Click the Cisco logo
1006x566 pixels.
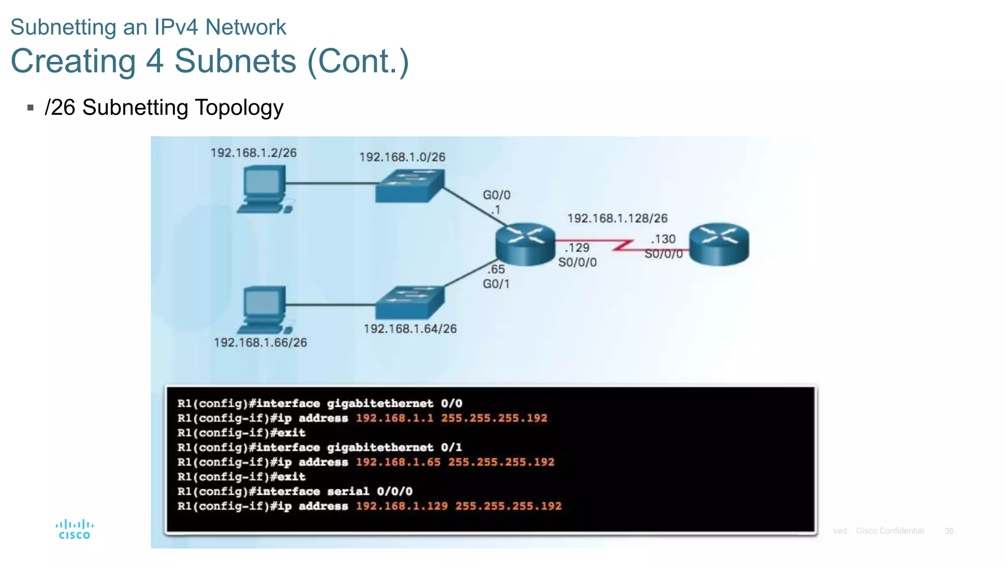(x=74, y=529)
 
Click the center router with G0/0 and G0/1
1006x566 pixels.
(x=525, y=244)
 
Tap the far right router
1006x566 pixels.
(x=719, y=244)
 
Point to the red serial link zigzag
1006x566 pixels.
(x=623, y=245)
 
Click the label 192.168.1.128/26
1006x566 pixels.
(x=617, y=218)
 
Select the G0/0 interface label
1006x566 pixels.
(x=497, y=195)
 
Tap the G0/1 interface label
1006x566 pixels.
(x=496, y=284)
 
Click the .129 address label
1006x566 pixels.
(x=577, y=248)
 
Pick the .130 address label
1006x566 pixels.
(x=663, y=239)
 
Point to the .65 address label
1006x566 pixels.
(x=496, y=269)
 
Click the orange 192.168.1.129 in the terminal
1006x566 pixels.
(x=402, y=506)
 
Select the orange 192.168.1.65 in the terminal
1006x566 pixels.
(x=398, y=462)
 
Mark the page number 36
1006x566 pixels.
(x=949, y=531)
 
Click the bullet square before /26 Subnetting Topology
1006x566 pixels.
(x=30, y=108)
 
